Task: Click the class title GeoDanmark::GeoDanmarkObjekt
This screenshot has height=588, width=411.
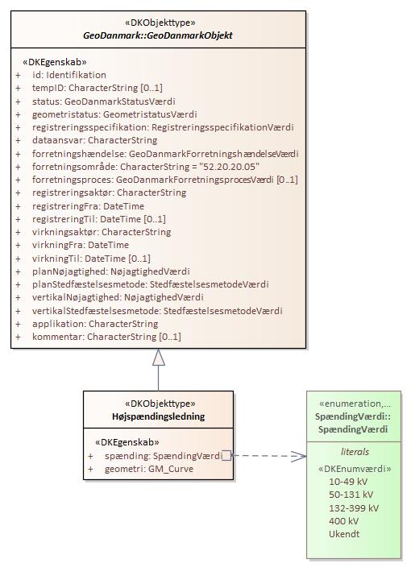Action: pyautogui.click(x=158, y=35)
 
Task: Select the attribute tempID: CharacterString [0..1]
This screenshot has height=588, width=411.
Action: pyautogui.click(x=98, y=88)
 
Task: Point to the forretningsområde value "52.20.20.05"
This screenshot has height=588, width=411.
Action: pyautogui.click(x=230, y=167)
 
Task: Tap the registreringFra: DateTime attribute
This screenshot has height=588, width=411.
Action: pyautogui.click(x=88, y=206)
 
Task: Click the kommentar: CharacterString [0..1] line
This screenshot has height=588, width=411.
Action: pyautogui.click(x=106, y=337)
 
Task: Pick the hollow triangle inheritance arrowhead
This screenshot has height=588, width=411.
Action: pyautogui.click(x=159, y=358)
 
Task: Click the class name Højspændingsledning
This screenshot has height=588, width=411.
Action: pyautogui.click(x=159, y=416)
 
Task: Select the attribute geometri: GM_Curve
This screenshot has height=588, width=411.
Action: pyautogui.click(x=149, y=469)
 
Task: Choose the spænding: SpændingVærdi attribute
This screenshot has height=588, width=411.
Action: pyautogui.click(x=164, y=456)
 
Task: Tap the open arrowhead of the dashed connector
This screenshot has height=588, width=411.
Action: pyautogui.click(x=300, y=456)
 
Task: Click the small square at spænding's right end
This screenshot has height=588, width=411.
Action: pyautogui.click(x=226, y=456)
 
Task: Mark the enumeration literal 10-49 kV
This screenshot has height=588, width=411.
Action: pyautogui.click(x=348, y=482)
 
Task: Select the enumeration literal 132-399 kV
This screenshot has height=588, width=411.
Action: pyautogui.click(x=354, y=507)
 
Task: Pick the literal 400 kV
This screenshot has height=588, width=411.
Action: pyautogui.click(x=343, y=521)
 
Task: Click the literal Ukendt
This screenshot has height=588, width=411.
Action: pyautogui.click(x=344, y=533)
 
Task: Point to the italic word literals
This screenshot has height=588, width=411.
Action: pyautogui.click(x=355, y=452)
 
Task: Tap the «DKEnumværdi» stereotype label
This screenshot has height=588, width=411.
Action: pyautogui.click(x=355, y=469)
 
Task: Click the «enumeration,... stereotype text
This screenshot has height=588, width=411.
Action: pyautogui.click(x=355, y=404)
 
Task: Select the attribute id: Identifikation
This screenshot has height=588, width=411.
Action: pyautogui.click(x=69, y=75)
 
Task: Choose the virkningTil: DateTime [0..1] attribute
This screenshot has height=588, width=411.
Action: pyautogui.click(x=91, y=259)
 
